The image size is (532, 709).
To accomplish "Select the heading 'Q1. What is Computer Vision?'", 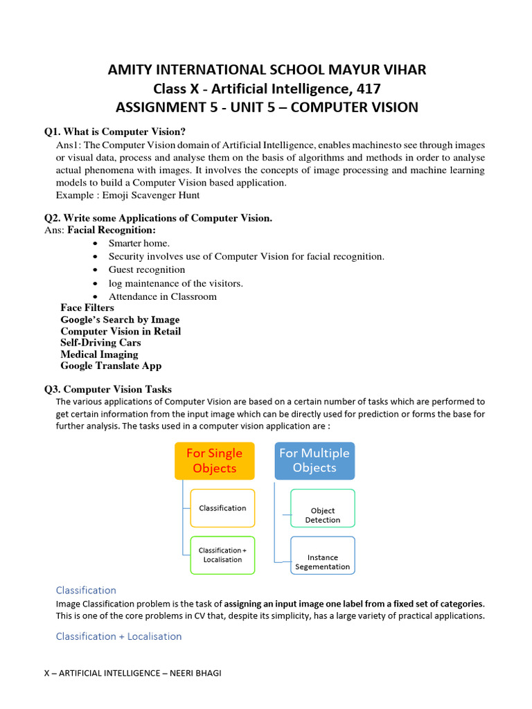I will click(115, 132).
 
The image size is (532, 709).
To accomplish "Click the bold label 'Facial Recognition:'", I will click(112, 230).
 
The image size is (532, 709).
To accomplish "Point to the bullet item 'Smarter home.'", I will click(139, 243).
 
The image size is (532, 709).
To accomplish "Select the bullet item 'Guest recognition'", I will click(147, 269).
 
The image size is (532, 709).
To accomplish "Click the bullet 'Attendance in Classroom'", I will click(162, 296).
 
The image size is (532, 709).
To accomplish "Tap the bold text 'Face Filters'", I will click(87, 307).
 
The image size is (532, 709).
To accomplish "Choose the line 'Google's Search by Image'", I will click(120, 319).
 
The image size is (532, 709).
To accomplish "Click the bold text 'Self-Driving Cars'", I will click(100, 343).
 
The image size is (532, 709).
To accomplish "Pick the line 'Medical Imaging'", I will click(99, 354).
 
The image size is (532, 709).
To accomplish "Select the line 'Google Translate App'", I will click(111, 366).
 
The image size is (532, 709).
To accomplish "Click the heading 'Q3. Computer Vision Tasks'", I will click(108, 389).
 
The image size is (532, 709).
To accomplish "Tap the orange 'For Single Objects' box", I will click(215, 460).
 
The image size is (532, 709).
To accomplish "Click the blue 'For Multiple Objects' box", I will click(314, 460).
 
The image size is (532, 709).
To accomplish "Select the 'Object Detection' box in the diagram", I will click(323, 515).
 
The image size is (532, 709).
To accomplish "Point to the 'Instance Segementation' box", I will click(323, 562).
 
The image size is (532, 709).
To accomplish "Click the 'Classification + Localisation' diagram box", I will click(222, 555).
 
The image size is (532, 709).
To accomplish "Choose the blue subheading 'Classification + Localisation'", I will click(118, 636).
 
